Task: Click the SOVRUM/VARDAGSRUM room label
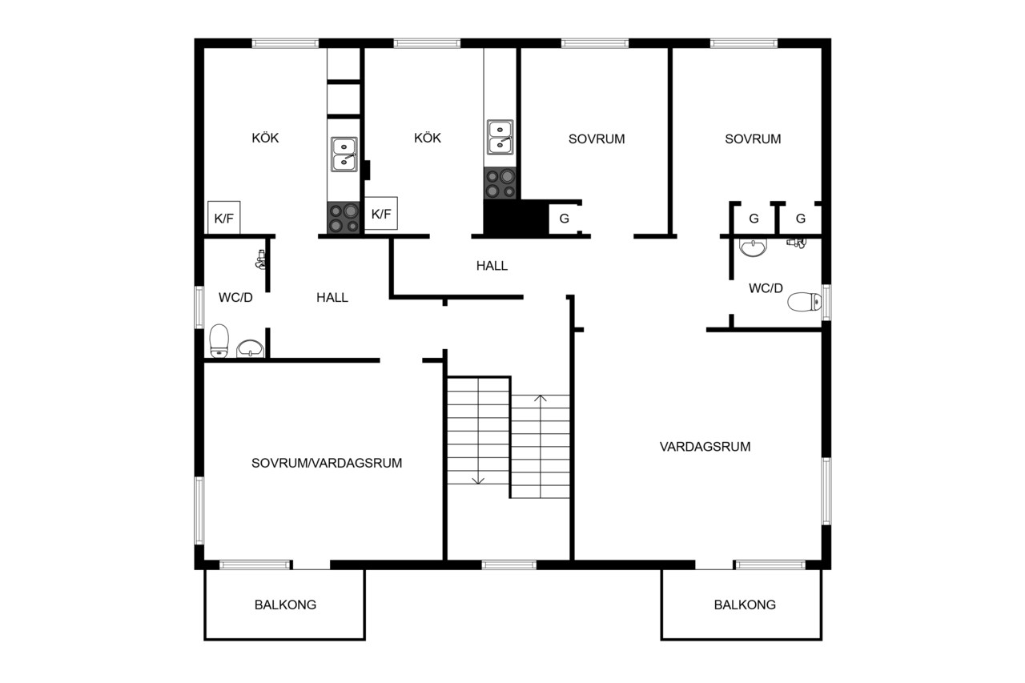(327, 463)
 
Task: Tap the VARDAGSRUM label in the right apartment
(705, 447)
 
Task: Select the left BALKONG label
(285, 605)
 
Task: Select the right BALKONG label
(745, 605)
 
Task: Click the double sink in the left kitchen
(344, 155)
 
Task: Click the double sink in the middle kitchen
(500, 137)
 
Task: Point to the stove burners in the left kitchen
(344, 218)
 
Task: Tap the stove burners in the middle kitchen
(500, 183)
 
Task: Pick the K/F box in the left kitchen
(223, 218)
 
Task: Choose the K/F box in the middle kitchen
(380, 213)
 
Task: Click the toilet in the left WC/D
(219, 341)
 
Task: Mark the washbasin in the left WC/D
(250, 348)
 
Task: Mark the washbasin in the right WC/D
(753, 247)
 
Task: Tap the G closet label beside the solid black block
(565, 219)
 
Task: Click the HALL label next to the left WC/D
(332, 297)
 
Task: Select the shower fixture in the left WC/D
(260, 259)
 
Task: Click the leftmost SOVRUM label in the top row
(597, 139)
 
